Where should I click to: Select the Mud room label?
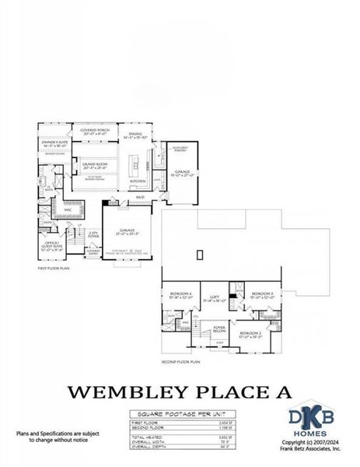click(x=140, y=197)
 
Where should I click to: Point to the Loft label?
click(x=215, y=297)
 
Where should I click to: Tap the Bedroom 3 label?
click(x=261, y=294)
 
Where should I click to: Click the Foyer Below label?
click(x=220, y=328)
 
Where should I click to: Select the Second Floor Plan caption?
click(x=180, y=362)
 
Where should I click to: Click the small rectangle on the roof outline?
click(x=201, y=254)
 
